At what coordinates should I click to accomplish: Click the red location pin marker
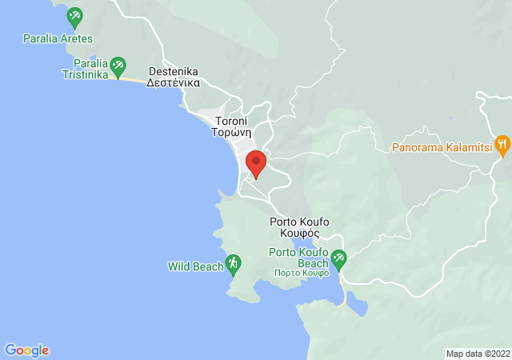[256, 162]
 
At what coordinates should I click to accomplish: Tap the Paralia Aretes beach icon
[74, 15]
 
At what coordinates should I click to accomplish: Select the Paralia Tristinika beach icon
[118, 63]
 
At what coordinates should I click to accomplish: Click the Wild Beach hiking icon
[233, 262]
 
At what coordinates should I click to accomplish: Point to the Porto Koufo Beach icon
[338, 258]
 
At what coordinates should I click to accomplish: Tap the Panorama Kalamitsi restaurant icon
[502, 144]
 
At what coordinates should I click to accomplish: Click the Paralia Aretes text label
[58, 38]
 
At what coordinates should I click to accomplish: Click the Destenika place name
[174, 70]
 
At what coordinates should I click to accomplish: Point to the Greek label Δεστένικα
[174, 82]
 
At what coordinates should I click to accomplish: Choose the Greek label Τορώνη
[233, 134]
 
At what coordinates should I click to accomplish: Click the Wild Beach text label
[195, 266]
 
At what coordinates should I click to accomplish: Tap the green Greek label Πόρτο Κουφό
[299, 273]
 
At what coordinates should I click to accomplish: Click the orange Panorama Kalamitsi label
[442, 148]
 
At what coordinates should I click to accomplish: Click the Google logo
[26, 350]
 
